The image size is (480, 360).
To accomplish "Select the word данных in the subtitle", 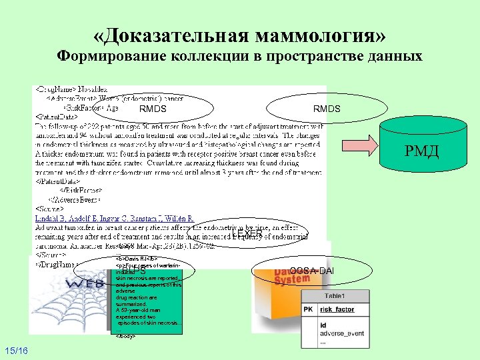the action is [x=394, y=56].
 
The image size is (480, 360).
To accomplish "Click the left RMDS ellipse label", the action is [x=153, y=109].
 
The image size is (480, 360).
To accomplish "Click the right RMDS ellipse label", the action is [x=327, y=108].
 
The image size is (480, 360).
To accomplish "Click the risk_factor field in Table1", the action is [x=336, y=310].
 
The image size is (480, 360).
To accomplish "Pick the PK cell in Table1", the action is [x=309, y=310].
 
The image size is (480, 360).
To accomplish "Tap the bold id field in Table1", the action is [x=323, y=325].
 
